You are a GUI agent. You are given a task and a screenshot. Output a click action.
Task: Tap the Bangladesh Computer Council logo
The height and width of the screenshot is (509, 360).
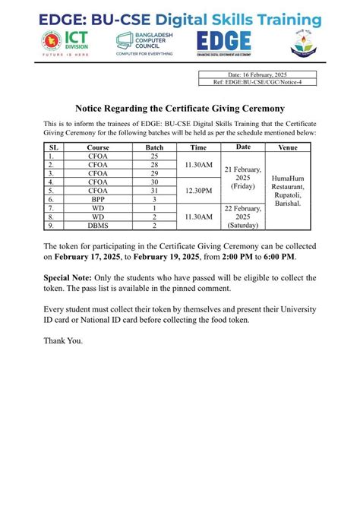146,43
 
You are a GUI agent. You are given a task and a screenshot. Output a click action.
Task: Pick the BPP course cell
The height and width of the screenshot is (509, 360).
98,199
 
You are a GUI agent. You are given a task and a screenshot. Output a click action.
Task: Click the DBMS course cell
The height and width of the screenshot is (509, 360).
98,226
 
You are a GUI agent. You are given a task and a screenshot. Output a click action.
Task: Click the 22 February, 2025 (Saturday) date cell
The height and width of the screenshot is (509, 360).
244,217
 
